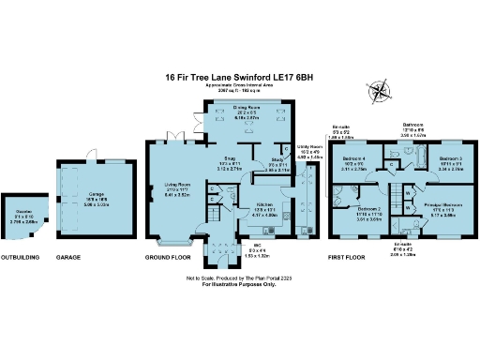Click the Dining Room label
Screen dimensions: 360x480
246,107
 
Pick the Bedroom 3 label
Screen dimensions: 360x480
451,157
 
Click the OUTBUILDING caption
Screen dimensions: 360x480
20,256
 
